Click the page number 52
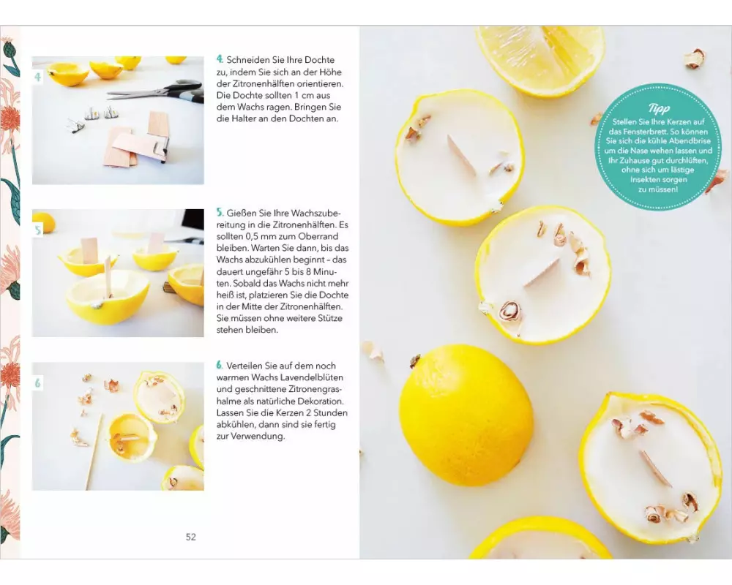[191, 537]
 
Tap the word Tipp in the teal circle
[659, 109]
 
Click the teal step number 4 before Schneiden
[220, 59]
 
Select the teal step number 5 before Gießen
[220, 213]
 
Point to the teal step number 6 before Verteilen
[220, 366]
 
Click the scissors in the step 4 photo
[157, 91]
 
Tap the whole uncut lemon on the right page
[465, 415]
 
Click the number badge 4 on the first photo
[38, 77]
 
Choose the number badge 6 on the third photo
[38, 383]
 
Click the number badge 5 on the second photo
[38, 230]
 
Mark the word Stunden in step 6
[331, 413]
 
